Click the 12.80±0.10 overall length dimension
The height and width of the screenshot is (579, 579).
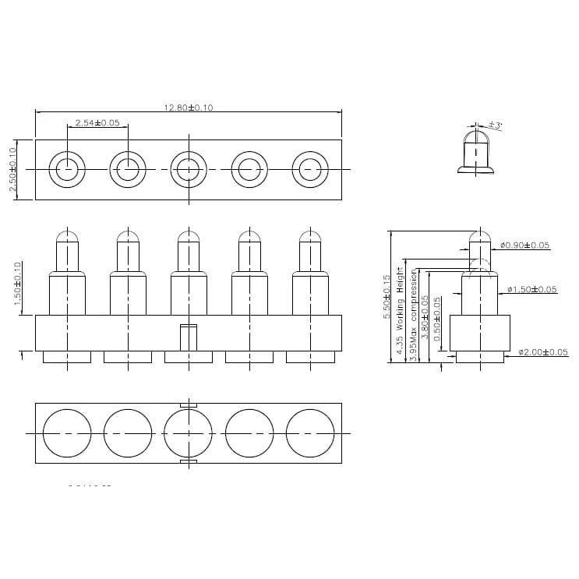(189, 108)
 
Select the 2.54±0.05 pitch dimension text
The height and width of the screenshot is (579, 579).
(97, 123)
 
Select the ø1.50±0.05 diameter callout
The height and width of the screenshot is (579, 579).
(532, 290)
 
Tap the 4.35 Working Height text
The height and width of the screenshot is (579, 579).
(401, 309)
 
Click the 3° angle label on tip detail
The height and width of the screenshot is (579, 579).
(496, 125)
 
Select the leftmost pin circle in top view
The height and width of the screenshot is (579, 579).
(67, 169)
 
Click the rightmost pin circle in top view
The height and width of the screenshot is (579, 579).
(310, 169)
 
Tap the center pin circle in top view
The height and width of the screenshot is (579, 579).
(189, 169)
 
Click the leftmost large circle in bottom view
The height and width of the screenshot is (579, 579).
(67, 432)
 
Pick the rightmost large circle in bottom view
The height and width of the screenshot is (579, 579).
(310, 432)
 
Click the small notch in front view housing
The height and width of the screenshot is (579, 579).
(188, 337)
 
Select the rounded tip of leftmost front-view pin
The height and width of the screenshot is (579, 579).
(67, 235)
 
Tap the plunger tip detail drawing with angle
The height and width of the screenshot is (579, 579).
(475, 152)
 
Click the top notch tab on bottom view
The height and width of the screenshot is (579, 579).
(188, 405)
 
